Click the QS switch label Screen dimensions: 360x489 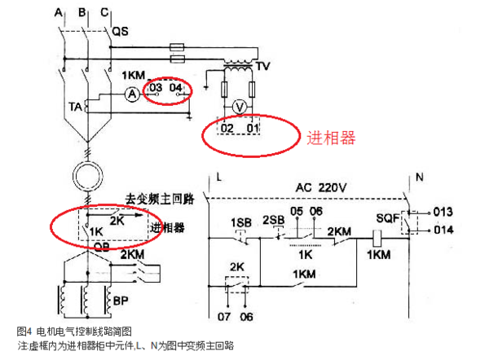tap(119, 31)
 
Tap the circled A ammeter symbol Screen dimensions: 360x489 tap(129, 95)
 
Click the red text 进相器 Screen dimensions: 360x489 tap(330, 138)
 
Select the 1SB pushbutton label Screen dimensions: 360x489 tap(241, 222)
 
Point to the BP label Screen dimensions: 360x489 tap(121, 301)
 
